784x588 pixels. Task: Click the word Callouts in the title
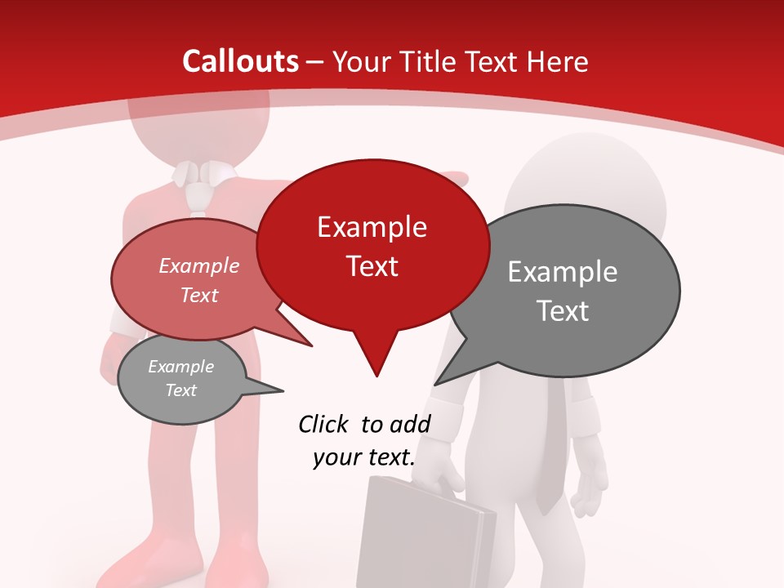point(241,61)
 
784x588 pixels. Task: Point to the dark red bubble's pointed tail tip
point(376,375)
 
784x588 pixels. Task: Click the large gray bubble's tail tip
point(436,383)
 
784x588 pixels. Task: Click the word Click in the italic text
point(323,424)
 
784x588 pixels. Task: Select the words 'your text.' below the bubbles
point(363,457)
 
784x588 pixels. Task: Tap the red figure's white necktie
point(196,196)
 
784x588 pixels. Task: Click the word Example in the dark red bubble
point(372,227)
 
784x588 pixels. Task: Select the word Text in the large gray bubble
point(563,311)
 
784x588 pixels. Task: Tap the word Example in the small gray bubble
point(181,367)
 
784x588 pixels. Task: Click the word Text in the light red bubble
point(199,295)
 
